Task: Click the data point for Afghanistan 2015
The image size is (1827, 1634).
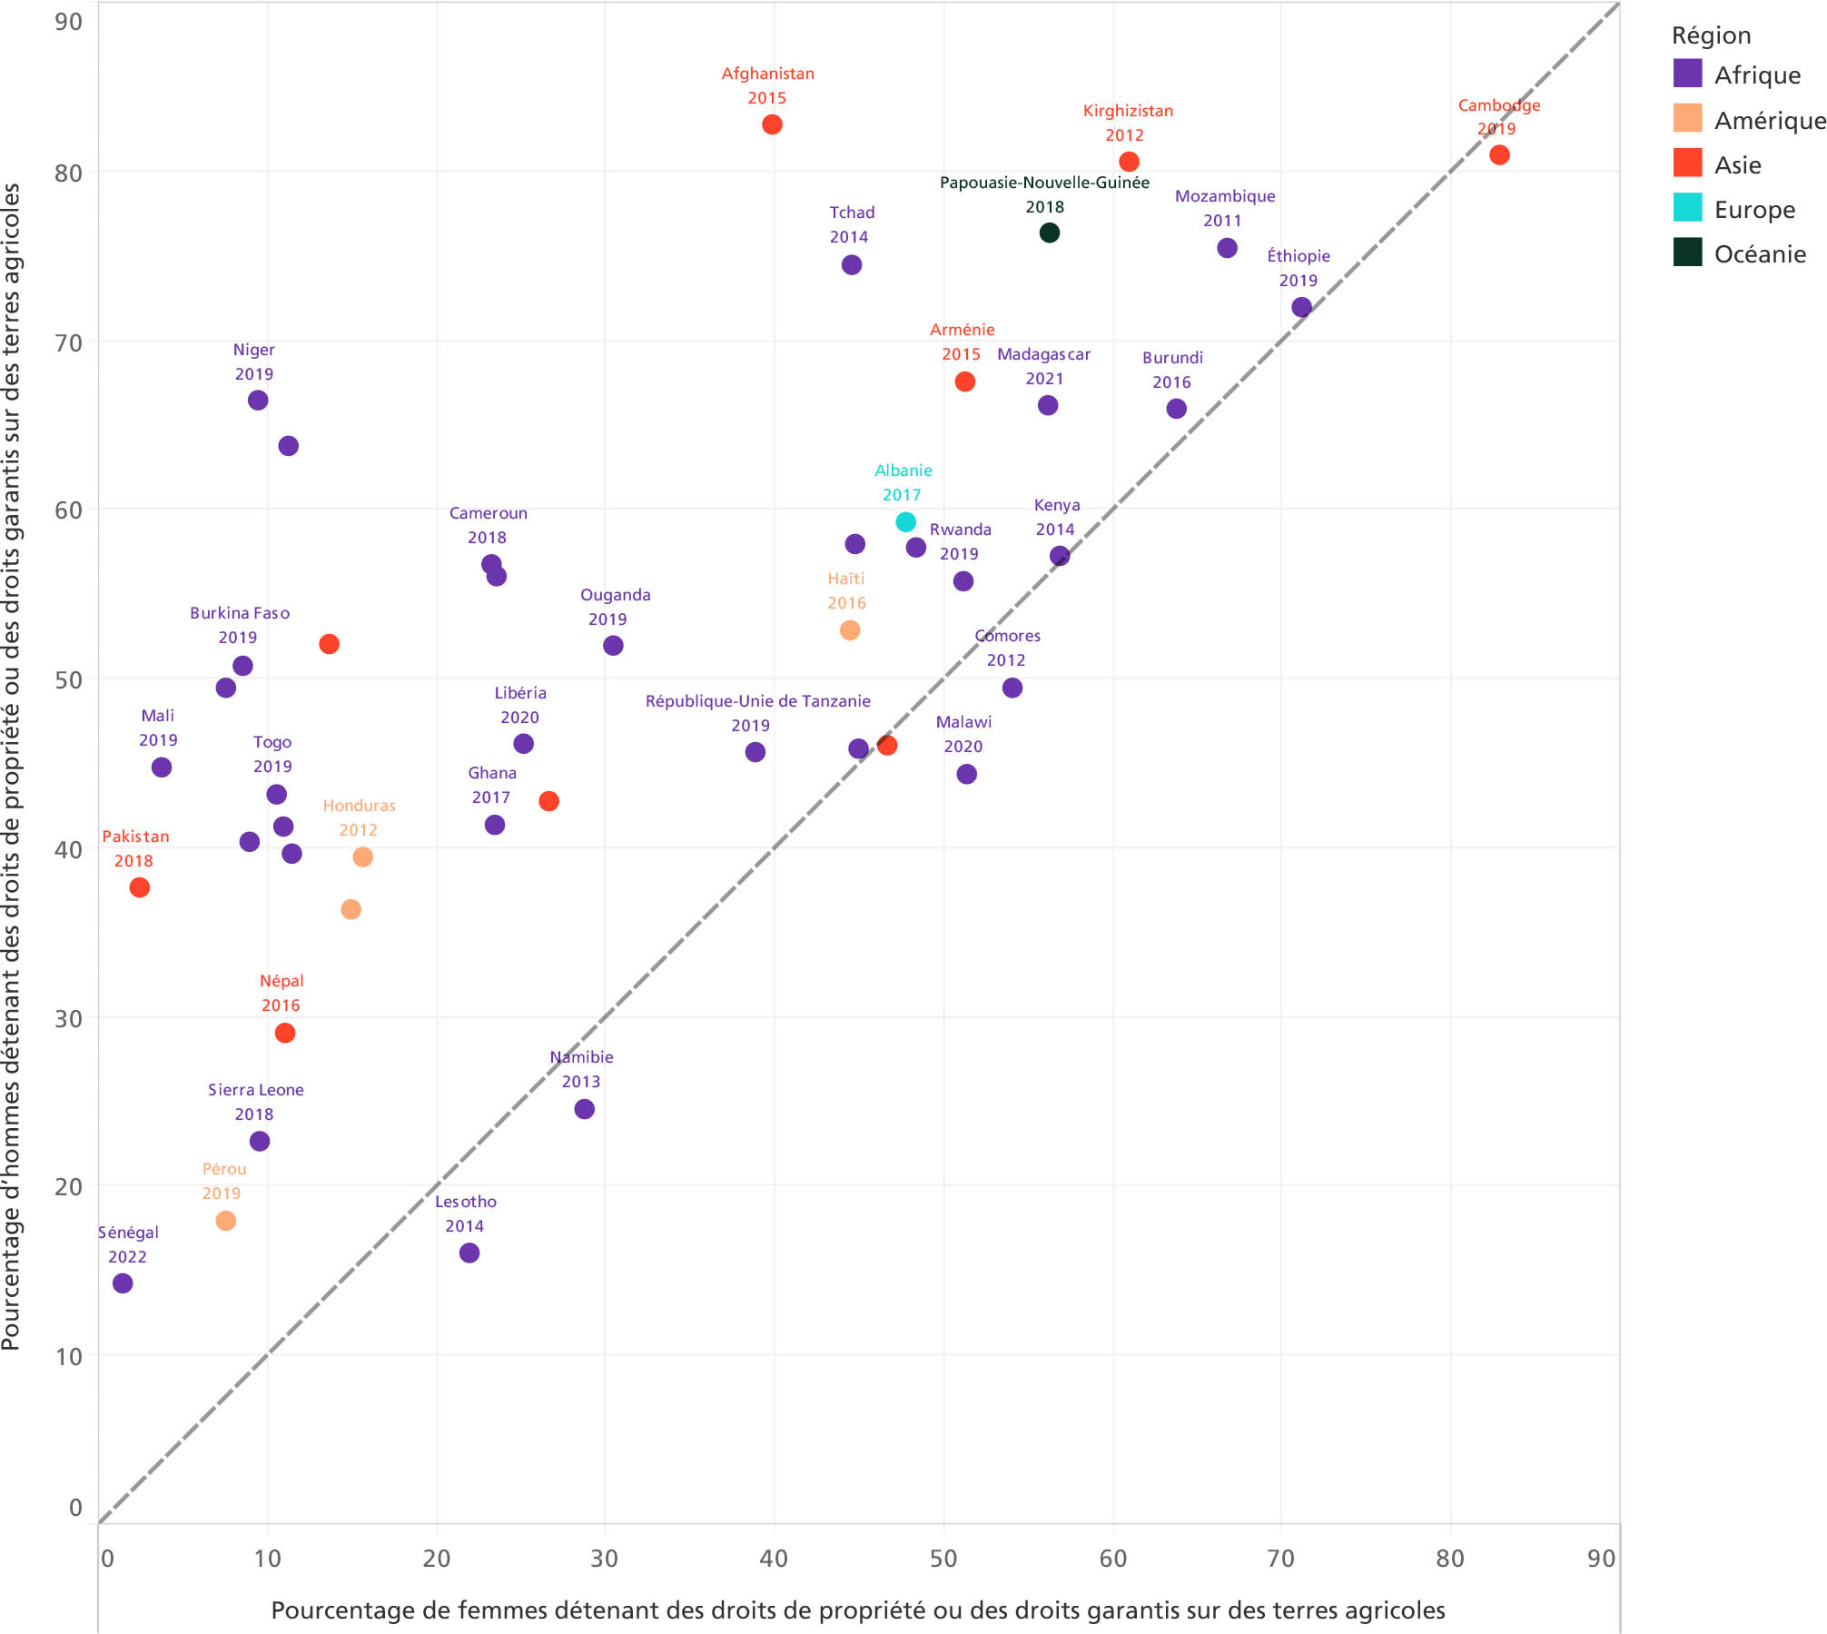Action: (772, 124)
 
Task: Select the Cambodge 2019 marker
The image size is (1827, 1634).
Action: (1499, 155)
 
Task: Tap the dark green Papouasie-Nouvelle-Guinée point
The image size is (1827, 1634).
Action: (1049, 233)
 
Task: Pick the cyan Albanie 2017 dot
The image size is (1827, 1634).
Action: (905, 522)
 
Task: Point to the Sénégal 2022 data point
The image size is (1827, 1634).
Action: (123, 1283)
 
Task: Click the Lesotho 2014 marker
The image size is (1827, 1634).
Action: (469, 1253)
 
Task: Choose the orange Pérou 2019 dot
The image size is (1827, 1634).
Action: (226, 1221)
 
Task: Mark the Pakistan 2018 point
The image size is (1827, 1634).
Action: (139, 887)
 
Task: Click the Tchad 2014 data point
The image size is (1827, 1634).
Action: (852, 265)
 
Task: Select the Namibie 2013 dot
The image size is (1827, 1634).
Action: (585, 1109)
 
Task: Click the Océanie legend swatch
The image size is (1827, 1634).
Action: (1687, 253)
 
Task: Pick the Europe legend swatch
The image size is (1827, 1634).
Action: (1687, 208)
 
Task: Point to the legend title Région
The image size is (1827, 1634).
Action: (1711, 35)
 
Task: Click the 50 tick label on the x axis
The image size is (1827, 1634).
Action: (943, 1559)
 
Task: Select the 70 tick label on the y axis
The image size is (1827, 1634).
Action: (68, 343)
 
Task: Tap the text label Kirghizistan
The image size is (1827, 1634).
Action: (1128, 111)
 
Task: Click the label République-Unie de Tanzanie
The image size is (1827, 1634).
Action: (757, 701)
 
